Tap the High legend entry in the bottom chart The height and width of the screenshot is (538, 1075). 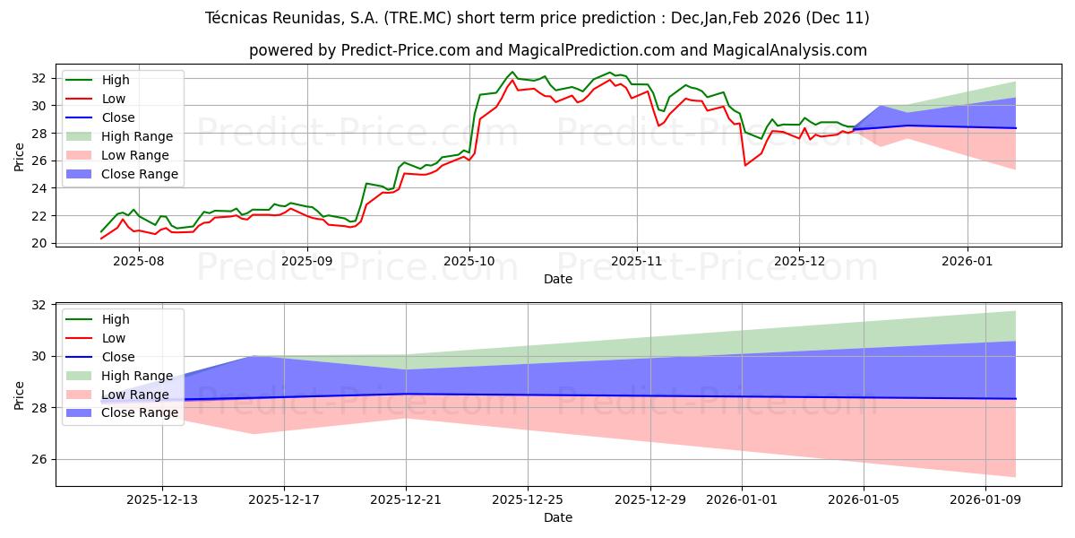tap(116, 319)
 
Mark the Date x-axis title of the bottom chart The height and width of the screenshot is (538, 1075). tap(557, 517)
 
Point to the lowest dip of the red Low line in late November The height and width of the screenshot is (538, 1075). tap(745, 165)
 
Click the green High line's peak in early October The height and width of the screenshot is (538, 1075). tap(512, 72)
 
